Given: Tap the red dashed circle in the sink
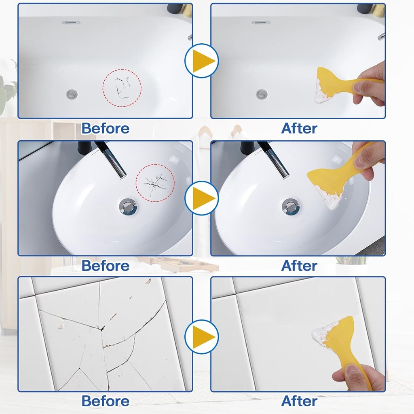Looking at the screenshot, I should coord(155,183).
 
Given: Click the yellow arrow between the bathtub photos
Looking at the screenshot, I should coord(202,61).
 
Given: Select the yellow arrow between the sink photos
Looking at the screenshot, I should coord(202,199).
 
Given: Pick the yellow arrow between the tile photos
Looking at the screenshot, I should coord(202,336).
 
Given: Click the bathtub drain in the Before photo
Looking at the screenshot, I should coord(72,94).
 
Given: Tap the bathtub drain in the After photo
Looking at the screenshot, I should coord(262,94).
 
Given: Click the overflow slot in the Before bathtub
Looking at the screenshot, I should coord(71,23).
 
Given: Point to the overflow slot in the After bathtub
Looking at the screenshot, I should coord(261,23).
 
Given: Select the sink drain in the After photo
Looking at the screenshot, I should coord(291,206).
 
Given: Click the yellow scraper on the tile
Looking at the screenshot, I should coord(340,340).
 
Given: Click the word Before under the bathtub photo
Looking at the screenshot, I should coord(105,128).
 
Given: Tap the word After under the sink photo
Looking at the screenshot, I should coord(299,266).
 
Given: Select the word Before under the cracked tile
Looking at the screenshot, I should coord(105,401).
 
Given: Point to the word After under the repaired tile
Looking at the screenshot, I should coord(299,401).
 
